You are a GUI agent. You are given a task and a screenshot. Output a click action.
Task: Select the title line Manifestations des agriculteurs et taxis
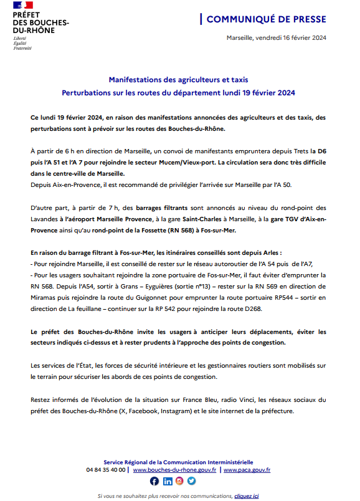(x=178, y=80)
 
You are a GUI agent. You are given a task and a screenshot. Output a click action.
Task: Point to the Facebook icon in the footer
(x=154, y=480)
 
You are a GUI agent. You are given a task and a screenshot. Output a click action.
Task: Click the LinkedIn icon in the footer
(x=167, y=480)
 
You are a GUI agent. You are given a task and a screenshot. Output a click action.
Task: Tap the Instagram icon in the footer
(x=179, y=480)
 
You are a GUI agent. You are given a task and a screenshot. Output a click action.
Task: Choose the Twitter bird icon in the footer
(x=191, y=480)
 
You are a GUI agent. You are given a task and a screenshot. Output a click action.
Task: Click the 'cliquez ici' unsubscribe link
(x=246, y=495)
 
